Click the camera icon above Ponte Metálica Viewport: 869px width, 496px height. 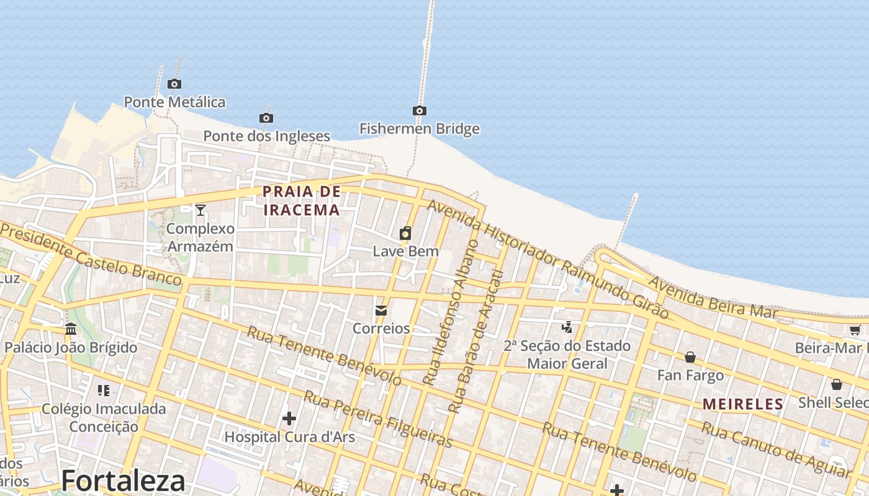click(174, 84)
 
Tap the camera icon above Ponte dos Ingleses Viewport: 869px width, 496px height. click(266, 118)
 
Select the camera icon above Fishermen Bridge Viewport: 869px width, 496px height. click(420, 111)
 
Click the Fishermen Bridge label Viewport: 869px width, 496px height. click(420, 129)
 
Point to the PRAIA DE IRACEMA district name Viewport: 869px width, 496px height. click(302, 200)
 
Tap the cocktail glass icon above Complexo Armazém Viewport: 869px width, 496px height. click(200, 210)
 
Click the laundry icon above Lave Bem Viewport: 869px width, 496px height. click(405, 233)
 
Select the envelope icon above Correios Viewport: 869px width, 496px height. click(381, 310)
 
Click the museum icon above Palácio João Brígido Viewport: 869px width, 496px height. click(71, 329)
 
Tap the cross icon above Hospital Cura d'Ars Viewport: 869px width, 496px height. click(289, 418)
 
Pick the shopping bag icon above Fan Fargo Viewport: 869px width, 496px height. click(690, 357)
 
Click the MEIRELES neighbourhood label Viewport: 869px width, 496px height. click(743, 405)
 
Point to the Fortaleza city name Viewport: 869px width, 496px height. click(124, 481)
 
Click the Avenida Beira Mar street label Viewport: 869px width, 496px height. click(713, 298)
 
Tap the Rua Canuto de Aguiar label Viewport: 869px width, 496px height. click(775, 449)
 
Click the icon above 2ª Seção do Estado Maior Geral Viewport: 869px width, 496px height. click(567, 327)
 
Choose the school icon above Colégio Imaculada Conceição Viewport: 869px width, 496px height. click(104, 390)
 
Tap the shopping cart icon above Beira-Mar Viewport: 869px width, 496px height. click(855, 330)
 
